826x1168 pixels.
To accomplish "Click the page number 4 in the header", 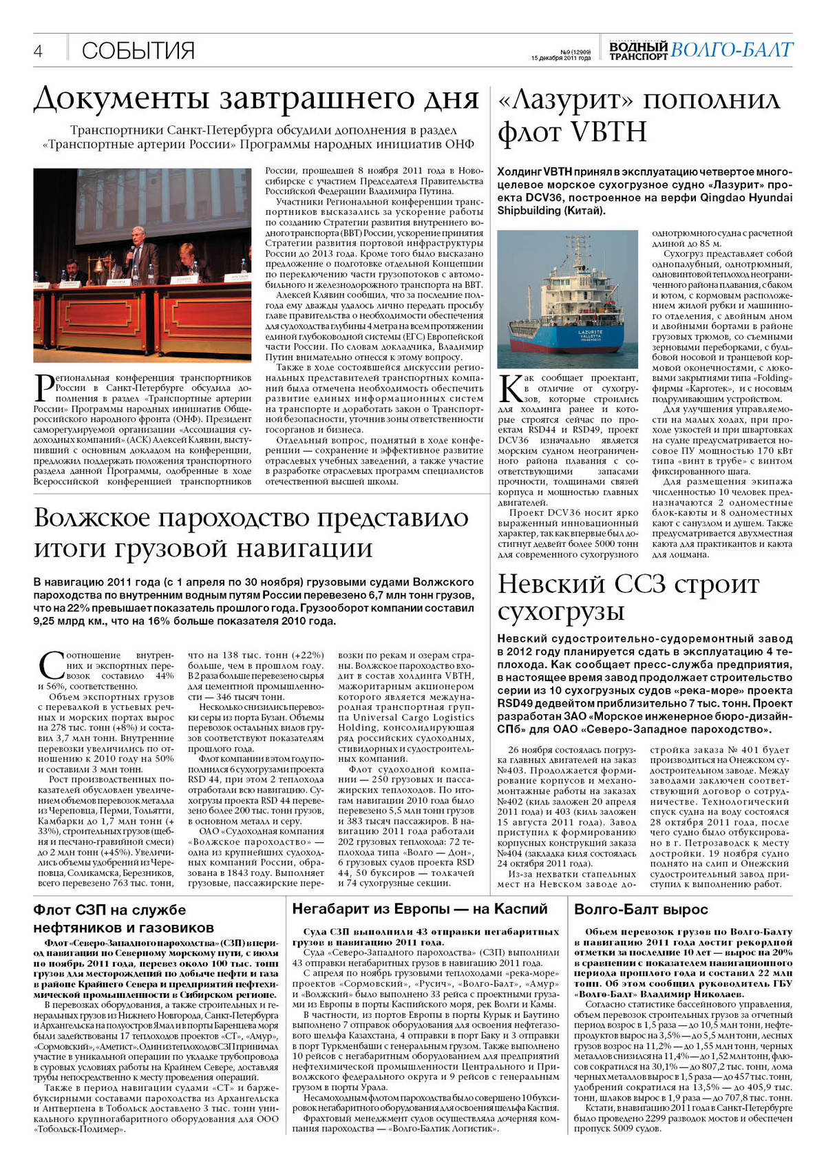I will click(x=38, y=51).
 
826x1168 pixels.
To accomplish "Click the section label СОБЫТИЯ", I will click(x=138, y=50).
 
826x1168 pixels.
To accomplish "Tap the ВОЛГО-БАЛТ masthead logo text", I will click(x=731, y=50).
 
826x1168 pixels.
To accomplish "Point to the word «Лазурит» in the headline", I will click(x=565, y=101).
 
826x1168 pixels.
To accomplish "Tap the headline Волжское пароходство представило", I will click(x=251, y=518).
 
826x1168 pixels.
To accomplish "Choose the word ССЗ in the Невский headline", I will click(x=633, y=584).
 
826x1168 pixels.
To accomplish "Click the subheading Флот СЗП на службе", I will click(x=109, y=910).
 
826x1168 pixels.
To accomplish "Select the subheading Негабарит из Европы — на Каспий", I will click(x=420, y=909).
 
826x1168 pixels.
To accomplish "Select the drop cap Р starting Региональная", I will click(x=44, y=388).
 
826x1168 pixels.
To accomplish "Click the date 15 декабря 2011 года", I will click(x=561, y=59).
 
